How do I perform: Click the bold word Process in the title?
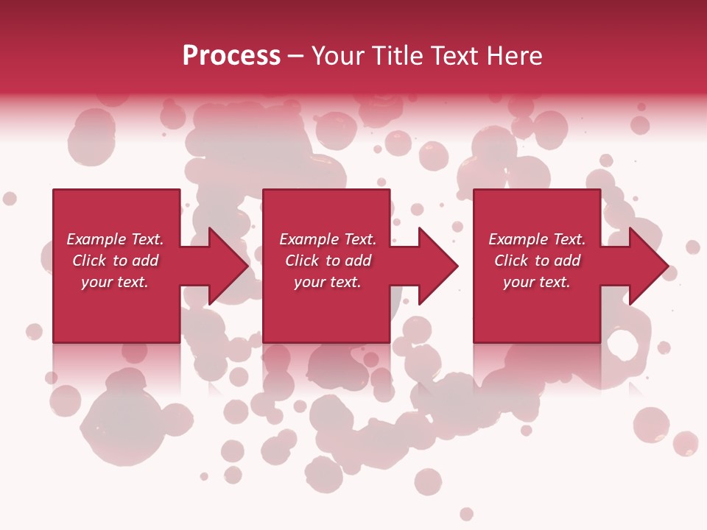[231, 56]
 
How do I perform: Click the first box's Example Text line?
[115, 239]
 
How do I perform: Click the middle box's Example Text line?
[328, 239]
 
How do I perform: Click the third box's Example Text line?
[537, 239]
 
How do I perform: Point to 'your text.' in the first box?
[115, 282]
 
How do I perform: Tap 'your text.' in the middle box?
[328, 282]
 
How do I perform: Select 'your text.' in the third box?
[537, 282]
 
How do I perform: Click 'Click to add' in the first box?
[115, 261]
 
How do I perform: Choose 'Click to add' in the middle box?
[328, 261]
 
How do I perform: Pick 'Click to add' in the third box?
[537, 261]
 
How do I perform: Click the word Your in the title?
[336, 56]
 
